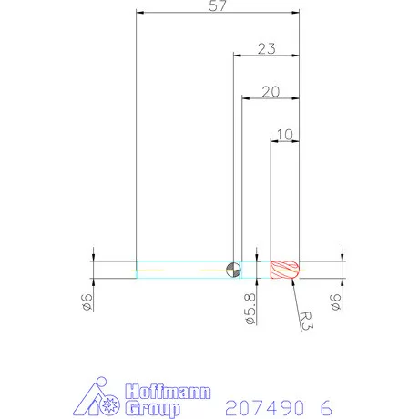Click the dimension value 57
218,7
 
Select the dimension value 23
266,49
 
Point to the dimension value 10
283,135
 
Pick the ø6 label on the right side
336,300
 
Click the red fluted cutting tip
285,269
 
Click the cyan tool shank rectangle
182,269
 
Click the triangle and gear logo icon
99,398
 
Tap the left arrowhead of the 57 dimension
138,14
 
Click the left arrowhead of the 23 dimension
236,56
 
